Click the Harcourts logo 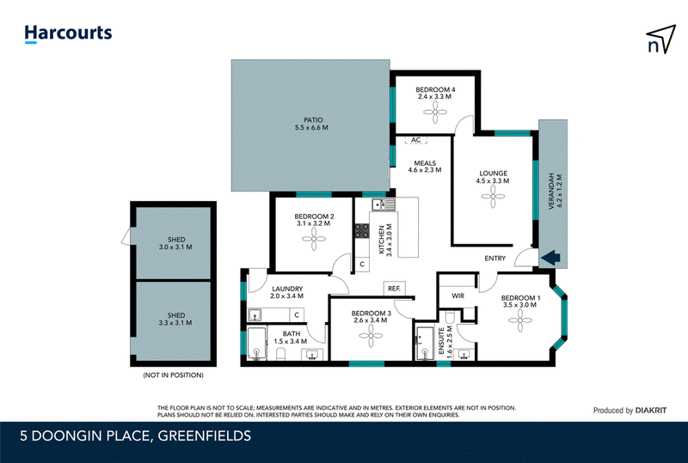coord(68,34)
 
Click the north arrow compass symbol coord(660,40)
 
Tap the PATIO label coord(313,119)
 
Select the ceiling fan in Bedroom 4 coord(435,113)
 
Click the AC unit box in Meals coord(416,140)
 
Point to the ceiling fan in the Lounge coord(493,197)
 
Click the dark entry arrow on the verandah coord(550,258)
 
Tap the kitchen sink coord(384,204)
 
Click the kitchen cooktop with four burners coord(362,230)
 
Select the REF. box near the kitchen coord(394,289)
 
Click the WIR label coord(458,296)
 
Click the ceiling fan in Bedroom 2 coord(314,240)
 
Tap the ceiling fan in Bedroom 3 coord(371,336)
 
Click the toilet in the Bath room coord(281,353)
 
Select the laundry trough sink coord(255,314)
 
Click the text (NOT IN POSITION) coord(174,375)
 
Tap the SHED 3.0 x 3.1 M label coord(176,243)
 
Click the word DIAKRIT coord(651,411)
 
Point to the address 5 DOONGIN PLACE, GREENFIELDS coord(136,436)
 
